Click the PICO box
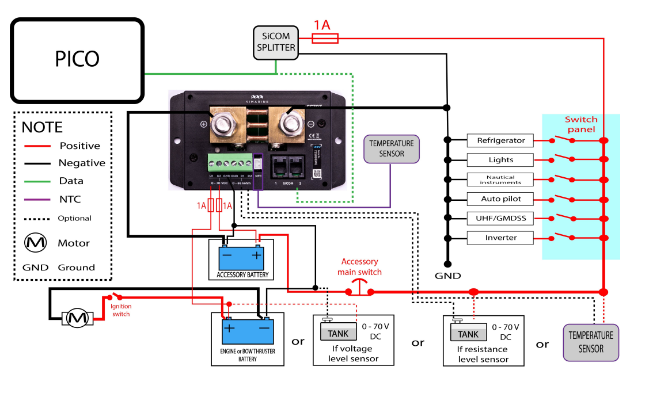[x=77, y=58]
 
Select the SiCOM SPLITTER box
[x=276, y=42]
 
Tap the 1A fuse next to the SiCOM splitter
[x=325, y=38]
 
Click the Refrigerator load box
[x=500, y=140]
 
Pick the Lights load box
[x=500, y=160]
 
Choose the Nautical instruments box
[x=500, y=180]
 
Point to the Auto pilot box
[x=500, y=199]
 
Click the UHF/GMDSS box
[x=500, y=219]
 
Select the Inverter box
[x=500, y=238]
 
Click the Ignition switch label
[x=121, y=311]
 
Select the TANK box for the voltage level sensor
[x=338, y=334]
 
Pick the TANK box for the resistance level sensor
[x=468, y=334]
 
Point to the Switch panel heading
[x=581, y=124]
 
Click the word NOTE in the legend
[x=42, y=128]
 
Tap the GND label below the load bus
[x=448, y=276]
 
